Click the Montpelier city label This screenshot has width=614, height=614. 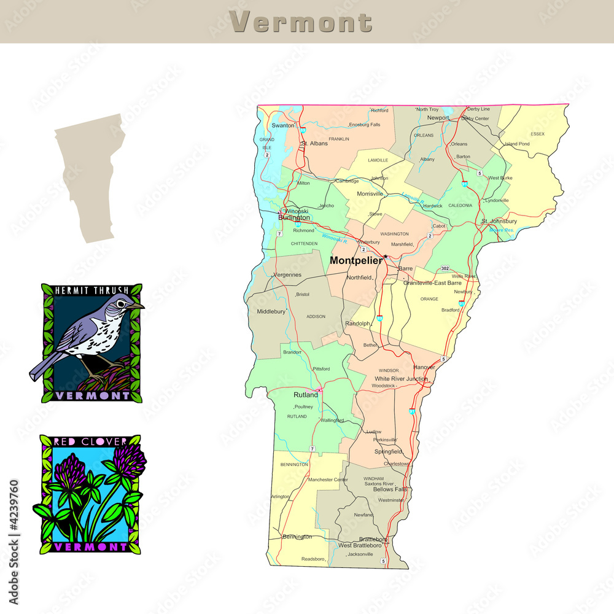click(356, 260)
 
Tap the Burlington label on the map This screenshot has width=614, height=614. click(294, 217)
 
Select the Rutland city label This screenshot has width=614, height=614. click(305, 395)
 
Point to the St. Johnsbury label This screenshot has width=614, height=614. click(499, 221)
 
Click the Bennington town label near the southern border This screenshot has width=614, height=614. click(297, 537)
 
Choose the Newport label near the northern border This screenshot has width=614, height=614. click(438, 117)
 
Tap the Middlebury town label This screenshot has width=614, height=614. click(271, 311)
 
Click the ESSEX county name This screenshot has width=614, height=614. click(537, 133)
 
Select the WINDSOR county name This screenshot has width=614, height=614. click(389, 371)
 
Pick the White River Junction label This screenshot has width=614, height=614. click(401, 379)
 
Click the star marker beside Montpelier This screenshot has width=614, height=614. click(386, 257)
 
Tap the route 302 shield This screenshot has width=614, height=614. click(445, 268)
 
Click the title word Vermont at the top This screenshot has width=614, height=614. click(301, 22)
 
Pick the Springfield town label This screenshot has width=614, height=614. click(388, 451)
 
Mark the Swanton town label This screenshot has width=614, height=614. click(283, 125)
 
